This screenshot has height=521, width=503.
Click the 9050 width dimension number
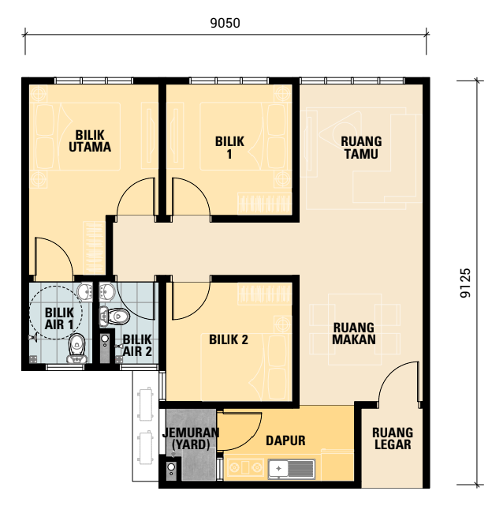click(225, 23)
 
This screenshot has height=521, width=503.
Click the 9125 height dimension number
click(465, 283)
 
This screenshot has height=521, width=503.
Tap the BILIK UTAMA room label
click(90, 141)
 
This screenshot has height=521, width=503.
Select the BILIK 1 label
click(229, 147)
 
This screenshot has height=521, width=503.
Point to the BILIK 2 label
click(229, 339)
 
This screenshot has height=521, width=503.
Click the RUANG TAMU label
click(361, 147)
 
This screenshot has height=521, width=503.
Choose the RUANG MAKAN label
click(354, 333)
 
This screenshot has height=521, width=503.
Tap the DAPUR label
click(285, 440)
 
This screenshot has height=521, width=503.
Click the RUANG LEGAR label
click(393, 438)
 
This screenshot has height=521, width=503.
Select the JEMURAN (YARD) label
click(191, 438)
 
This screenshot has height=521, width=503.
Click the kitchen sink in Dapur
click(292, 469)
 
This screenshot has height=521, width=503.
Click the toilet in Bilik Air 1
click(77, 348)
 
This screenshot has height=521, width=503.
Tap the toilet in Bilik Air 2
click(114, 316)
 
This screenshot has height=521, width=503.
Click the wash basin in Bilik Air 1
click(86, 292)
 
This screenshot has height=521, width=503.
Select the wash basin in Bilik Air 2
click(107, 292)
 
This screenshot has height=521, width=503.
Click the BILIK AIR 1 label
click(59, 319)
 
